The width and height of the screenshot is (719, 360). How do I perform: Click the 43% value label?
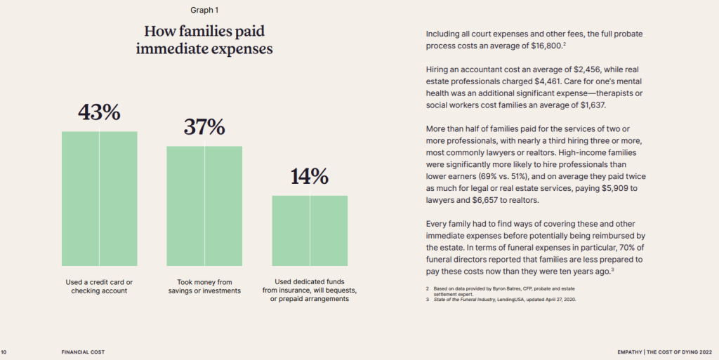99,112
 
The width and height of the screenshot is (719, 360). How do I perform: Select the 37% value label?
204,127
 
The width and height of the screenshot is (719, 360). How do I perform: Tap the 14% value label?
310,177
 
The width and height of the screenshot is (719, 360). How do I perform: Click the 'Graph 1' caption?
204,10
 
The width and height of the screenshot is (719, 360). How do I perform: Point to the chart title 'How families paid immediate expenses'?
204,40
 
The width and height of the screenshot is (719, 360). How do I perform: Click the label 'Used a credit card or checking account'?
99,286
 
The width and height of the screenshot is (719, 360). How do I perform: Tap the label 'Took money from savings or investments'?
204,286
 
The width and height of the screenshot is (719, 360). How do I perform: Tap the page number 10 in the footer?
4,352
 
